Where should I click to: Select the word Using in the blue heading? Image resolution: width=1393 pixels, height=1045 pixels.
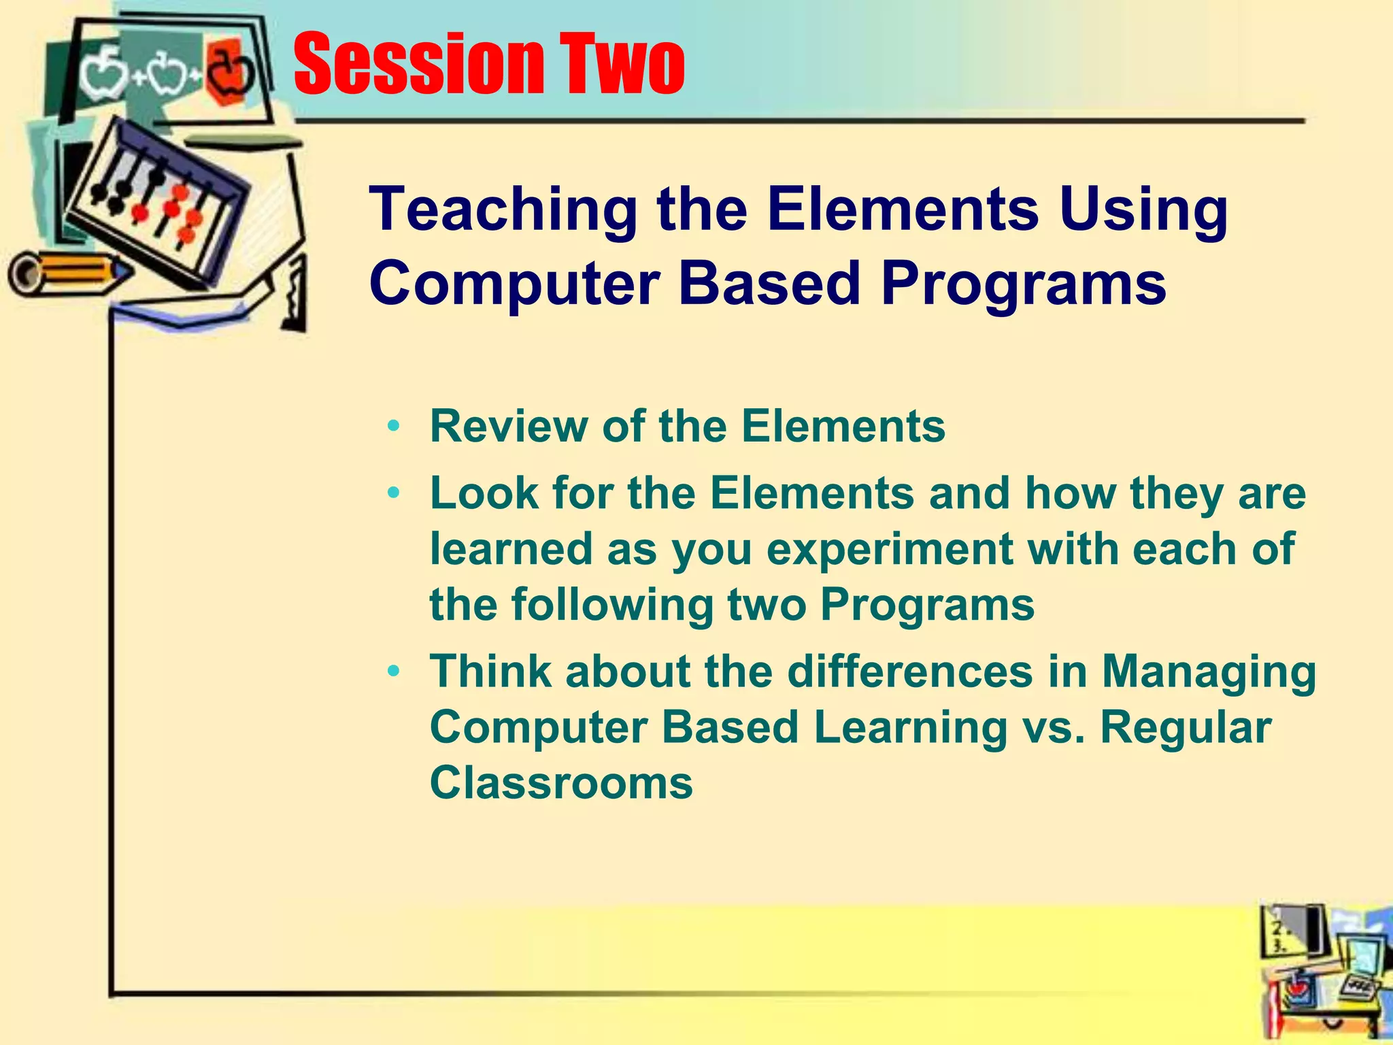1143,210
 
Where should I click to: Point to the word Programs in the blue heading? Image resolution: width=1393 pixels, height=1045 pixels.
1024,285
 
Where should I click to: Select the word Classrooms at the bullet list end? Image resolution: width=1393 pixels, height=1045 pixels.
561,783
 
